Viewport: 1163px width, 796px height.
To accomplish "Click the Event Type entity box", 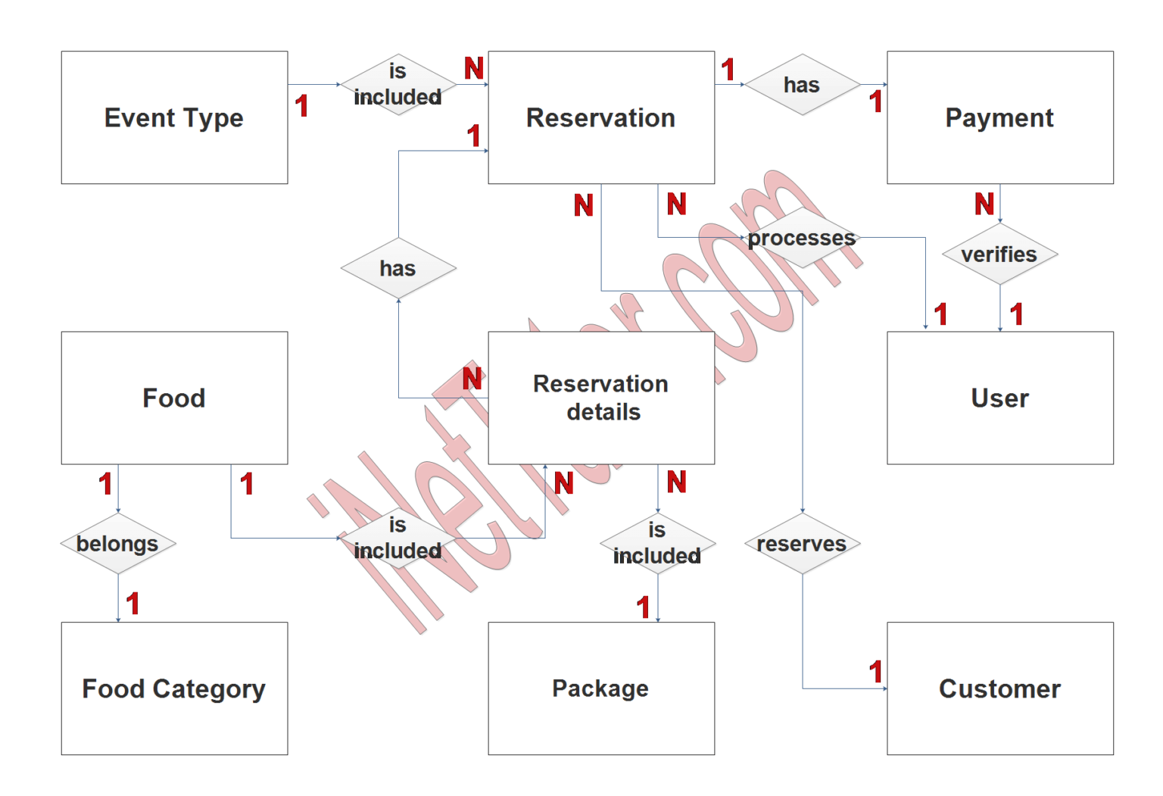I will point(174,117).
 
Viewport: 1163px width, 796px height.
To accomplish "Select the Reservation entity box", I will point(601,117).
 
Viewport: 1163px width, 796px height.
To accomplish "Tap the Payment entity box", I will point(999,117).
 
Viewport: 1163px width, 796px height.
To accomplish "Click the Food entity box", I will point(174,398).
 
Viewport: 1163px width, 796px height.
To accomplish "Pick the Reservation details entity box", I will point(601,398).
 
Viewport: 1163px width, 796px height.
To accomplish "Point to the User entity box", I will point(999,398).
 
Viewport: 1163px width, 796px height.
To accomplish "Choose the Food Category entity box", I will point(174,688).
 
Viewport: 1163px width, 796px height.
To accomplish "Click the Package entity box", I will point(601,688).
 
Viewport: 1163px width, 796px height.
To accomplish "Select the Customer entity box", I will point(999,688).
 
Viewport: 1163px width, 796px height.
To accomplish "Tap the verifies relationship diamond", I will point(999,254).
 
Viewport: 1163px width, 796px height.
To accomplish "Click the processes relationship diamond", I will point(802,238).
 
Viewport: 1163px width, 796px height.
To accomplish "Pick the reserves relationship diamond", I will point(802,544).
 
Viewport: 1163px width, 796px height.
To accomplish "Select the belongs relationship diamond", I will point(118,544).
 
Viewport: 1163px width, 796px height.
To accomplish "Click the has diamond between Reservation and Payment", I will point(802,85).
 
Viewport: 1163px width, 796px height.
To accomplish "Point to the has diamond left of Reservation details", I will point(398,268).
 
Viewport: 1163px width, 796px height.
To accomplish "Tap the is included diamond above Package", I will point(657,543).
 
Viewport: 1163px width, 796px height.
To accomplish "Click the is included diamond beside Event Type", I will point(398,85).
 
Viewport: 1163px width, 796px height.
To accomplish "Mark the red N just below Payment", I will point(984,204).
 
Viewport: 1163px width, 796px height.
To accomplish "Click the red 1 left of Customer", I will point(876,672).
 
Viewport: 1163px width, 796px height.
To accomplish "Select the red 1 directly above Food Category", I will point(133,604).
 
